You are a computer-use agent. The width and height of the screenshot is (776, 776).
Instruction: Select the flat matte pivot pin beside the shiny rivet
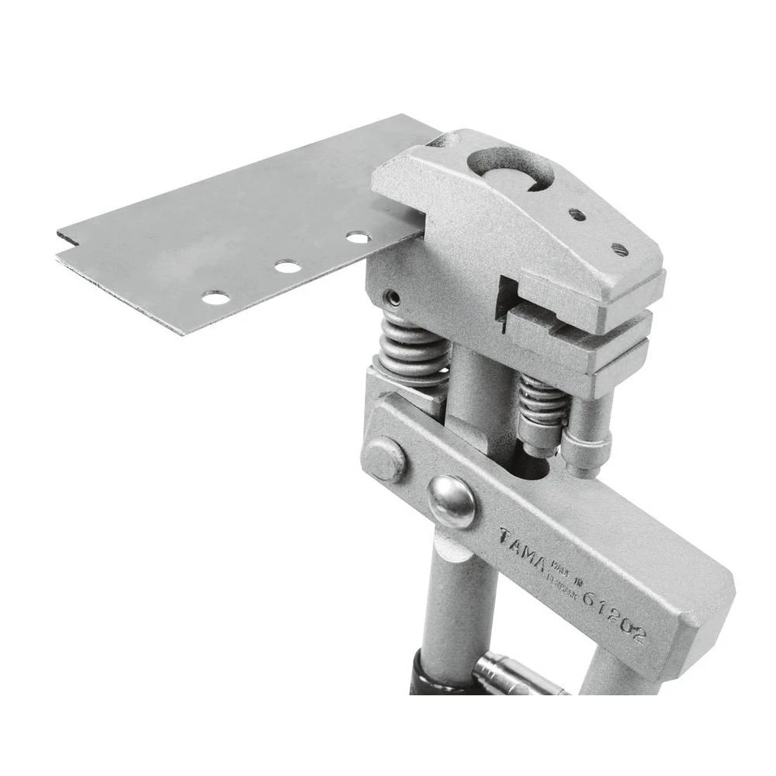[x=386, y=459]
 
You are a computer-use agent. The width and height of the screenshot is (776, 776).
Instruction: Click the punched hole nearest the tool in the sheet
[x=358, y=237]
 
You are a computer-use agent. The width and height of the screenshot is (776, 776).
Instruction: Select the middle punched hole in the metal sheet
[x=287, y=267]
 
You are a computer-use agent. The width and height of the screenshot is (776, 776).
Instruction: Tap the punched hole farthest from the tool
[x=215, y=297]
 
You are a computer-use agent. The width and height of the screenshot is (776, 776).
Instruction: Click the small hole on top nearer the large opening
[x=577, y=215]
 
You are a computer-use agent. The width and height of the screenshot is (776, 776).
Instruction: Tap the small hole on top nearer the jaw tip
[x=618, y=249]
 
